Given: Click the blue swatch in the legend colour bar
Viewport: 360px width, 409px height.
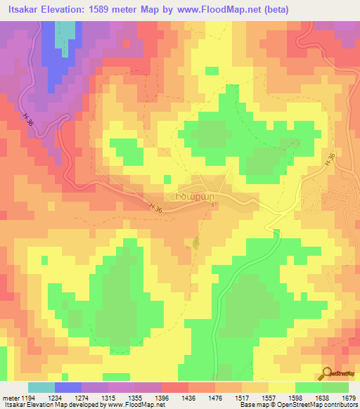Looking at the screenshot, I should pyautogui.click(x=68, y=387).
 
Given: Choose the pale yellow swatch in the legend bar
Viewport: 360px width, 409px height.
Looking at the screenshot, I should pyautogui.click(x=281, y=387).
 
